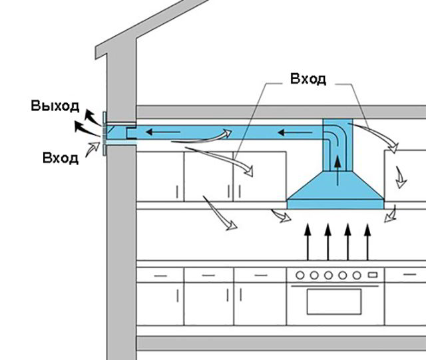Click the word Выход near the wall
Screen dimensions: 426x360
click(55, 106)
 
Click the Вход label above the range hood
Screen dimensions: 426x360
click(308, 79)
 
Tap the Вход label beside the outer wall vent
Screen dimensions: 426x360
click(61, 158)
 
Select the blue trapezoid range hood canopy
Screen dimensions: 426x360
click(335, 190)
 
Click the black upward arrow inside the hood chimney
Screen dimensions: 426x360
click(337, 170)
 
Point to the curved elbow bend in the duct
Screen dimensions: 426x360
click(335, 138)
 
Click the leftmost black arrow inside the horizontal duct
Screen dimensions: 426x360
click(163, 132)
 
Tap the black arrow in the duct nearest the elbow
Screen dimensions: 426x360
click(295, 132)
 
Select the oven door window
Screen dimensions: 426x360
click(334, 301)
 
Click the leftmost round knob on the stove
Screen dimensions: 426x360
click(300, 275)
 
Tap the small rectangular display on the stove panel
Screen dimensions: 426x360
click(373, 275)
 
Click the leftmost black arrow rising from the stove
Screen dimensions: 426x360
click(308, 242)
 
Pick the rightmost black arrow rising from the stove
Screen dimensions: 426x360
click(367, 242)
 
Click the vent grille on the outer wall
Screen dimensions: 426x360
click(105, 134)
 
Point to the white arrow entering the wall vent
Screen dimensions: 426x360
click(93, 148)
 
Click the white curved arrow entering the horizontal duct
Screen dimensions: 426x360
click(202, 138)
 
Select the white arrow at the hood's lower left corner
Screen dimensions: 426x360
click(281, 216)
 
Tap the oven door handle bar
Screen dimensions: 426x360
click(335, 286)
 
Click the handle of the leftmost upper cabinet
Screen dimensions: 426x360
click(177, 192)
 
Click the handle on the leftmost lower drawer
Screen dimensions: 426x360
click(160, 275)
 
